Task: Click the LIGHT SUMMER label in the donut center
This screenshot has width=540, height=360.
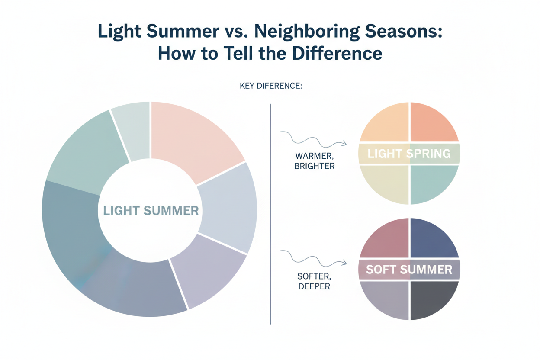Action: tap(151, 211)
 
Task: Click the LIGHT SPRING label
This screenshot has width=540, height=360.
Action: tap(408, 153)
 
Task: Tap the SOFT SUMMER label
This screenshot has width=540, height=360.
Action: tap(409, 270)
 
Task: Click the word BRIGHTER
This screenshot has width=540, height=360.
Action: tap(314, 166)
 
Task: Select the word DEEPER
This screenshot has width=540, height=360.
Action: tap(314, 286)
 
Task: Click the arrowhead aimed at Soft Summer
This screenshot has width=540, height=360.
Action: tap(344, 262)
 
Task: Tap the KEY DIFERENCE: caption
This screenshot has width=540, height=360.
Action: tap(270, 86)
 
